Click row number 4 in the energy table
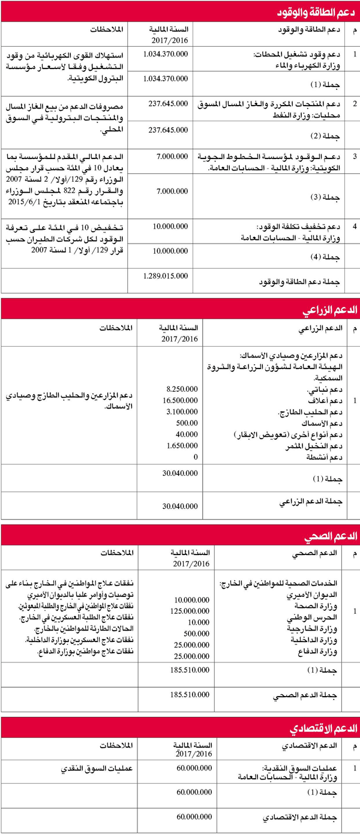click(355, 227)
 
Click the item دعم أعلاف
click(328, 401)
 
